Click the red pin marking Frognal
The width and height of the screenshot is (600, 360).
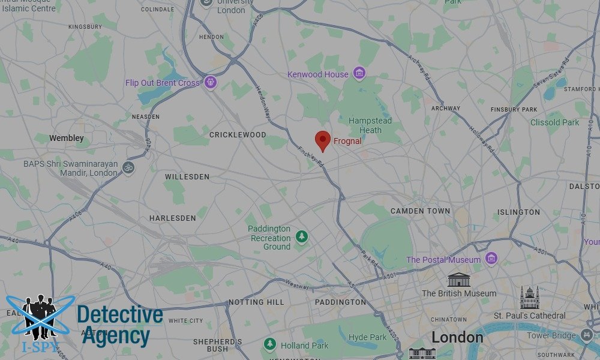323,140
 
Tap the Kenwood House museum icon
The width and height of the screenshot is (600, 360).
359,74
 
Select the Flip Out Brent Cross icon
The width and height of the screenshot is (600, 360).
210,82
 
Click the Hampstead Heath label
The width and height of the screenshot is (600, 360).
370,125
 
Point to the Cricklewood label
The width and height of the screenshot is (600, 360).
238,135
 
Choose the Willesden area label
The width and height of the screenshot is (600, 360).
187,177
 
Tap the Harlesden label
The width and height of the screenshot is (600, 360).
173,218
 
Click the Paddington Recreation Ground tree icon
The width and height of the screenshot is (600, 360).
301,237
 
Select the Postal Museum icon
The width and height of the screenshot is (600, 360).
491,259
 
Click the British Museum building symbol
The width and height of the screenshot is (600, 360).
459,280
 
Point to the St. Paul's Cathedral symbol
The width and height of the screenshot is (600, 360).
530,298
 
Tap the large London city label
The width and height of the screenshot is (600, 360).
457,337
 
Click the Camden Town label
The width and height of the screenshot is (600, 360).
420,211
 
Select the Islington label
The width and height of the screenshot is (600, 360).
518,212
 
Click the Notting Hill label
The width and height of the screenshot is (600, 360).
257,302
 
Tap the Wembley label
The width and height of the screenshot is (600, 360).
67,138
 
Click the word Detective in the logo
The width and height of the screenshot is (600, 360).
120,314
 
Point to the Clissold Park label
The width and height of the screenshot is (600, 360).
554,122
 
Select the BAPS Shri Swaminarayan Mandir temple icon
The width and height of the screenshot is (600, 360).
127,167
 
